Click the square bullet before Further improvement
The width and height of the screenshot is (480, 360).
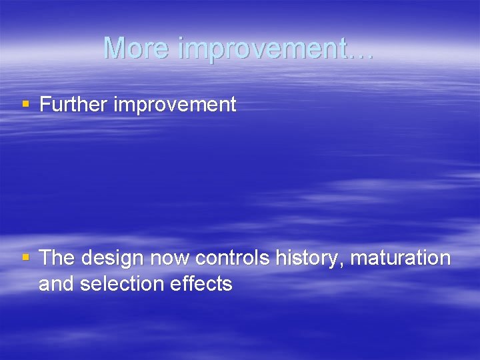point(26,105)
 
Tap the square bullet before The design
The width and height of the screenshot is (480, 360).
point(26,257)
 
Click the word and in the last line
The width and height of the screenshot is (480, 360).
point(56,284)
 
